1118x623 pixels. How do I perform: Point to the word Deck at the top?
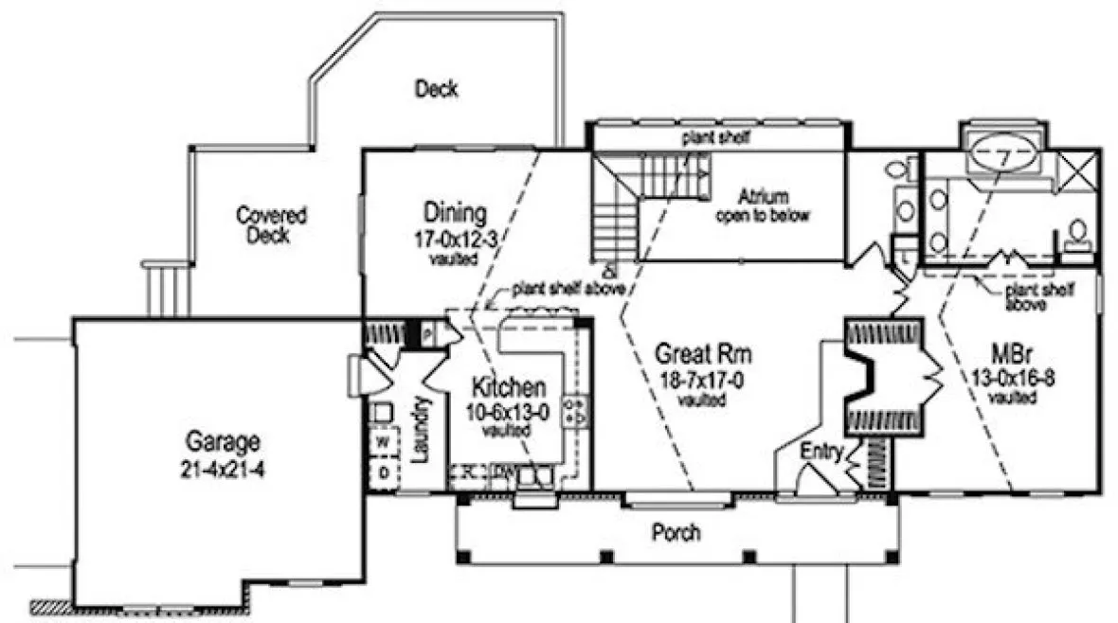(x=436, y=89)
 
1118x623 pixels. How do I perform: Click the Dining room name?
(x=455, y=213)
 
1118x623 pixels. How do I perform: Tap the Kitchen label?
(x=509, y=387)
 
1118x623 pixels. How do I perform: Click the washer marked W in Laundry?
(x=386, y=442)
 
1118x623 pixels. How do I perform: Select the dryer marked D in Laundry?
(x=386, y=470)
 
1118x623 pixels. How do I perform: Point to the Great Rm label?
(x=704, y=355)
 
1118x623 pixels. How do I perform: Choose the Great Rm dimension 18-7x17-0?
(x=702, y=381)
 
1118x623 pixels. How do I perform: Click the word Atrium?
(x=762, y=197)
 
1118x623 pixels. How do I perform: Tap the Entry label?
(x=820, y=453)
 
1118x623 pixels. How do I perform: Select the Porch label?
(x=676, y=533)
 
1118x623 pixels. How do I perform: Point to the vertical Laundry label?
(x=423, y=429)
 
